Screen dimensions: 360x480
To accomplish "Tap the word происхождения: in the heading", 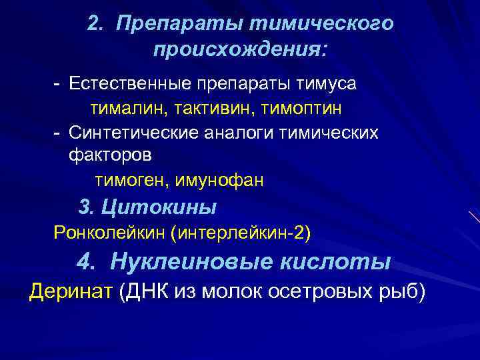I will pos(241,50).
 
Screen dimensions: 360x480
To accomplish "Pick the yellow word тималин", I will pos(123,107).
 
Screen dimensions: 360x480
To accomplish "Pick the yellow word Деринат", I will pos(71,291).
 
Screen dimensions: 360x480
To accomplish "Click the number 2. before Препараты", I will pos(95,24).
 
